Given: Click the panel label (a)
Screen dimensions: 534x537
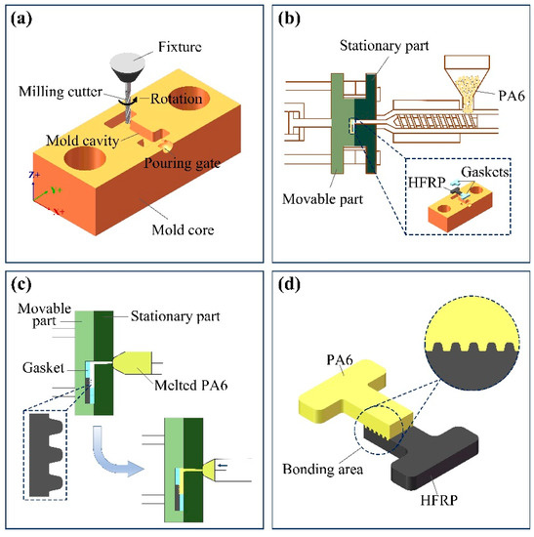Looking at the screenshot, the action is (x=21, y=20).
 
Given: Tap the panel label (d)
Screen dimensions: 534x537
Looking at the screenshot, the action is (x=289, y=284).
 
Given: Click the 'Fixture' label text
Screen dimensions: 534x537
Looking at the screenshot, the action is (x=180, y=47).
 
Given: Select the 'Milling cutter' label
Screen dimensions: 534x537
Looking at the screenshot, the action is (x=61, y=92).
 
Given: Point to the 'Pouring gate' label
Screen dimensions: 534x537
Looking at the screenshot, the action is (x=182, y=163).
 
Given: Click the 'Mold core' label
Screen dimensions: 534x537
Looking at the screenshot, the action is (x=183, y=229).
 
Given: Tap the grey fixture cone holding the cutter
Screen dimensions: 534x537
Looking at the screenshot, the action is (x=128, y=67).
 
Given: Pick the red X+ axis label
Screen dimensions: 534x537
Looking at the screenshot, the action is (x=59, y=211).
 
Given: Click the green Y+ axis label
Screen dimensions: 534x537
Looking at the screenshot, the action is (x=56, y=189).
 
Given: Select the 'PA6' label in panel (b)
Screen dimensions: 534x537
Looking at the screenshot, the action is (x=512, y=96).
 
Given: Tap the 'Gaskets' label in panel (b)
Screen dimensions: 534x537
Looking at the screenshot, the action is (x=484, y=172).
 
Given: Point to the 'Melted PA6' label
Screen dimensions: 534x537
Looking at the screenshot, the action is (x=190, y=386).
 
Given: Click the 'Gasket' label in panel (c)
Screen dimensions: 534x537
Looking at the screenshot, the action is (x=43, y=368).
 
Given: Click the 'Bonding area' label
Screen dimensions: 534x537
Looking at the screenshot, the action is (x=323, y=469).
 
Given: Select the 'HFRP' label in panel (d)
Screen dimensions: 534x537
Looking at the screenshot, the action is (x=438, y=500).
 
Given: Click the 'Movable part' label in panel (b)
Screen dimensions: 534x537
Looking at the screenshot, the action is (x=322, y=199).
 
